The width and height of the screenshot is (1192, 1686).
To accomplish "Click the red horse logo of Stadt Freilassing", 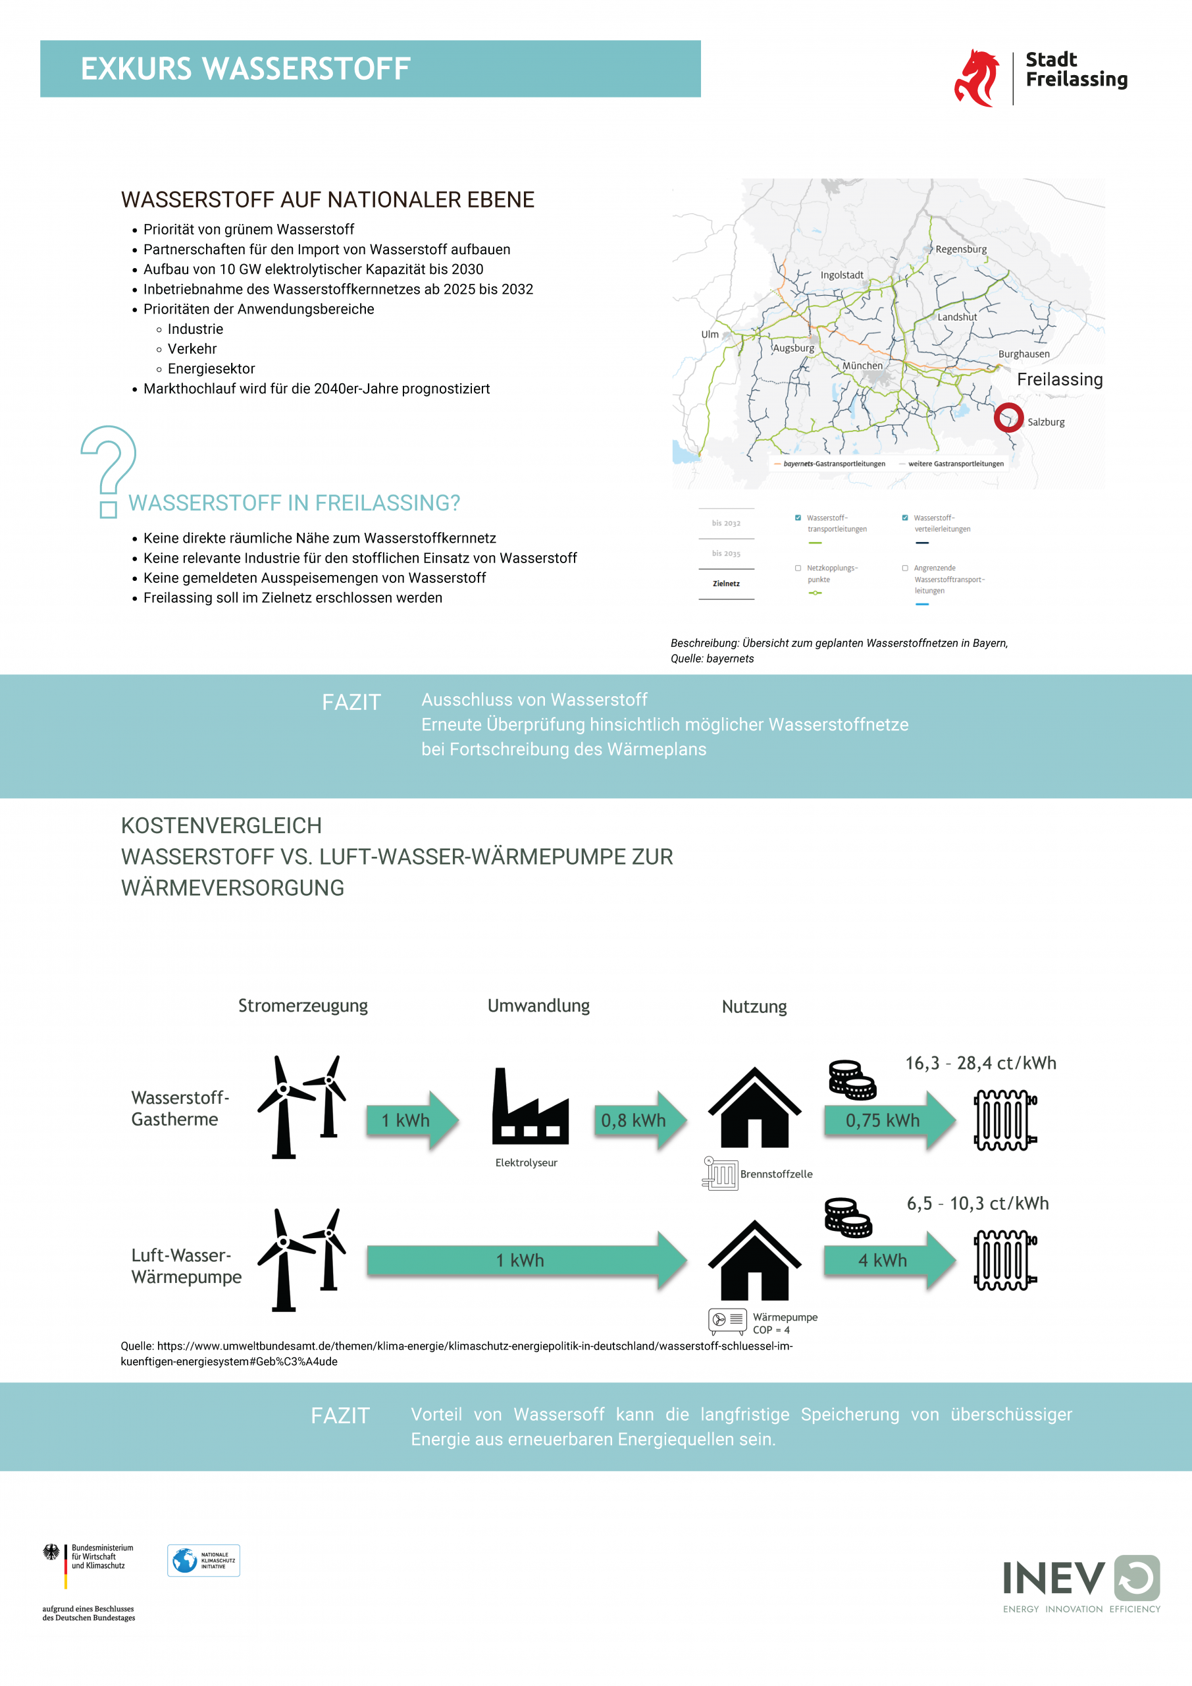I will click(x=977, y=78).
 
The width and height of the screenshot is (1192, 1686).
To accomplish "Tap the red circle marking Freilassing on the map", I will click(x=1008, y=417).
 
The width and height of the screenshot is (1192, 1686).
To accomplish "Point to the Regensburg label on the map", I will click(x=961, y=250).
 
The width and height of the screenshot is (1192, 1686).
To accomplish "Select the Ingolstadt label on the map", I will click(x=842, y=275).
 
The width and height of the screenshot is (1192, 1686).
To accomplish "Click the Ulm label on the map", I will click(x=710, y=335).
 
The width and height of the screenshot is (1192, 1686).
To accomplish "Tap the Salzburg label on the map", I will click(x=1046, y=422).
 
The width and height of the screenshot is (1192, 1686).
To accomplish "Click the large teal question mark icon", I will click(x=109, y=471).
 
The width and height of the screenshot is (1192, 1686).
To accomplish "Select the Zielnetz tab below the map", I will click(x=726, y=584).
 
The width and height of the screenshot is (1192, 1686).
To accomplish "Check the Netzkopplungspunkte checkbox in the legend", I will click(x=798, y=568).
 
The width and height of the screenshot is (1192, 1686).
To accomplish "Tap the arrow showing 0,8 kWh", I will click(x=639, y=1120).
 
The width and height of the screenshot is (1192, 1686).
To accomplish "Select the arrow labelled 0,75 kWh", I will click(x=888, y=1120).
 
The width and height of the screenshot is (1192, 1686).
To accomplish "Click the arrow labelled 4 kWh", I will click(x=888, y=1260).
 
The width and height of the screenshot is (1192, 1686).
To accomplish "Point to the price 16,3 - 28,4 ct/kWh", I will click(x=981, y=1063).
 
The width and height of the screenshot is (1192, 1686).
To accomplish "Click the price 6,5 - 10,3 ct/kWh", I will click(x=977, y=1203).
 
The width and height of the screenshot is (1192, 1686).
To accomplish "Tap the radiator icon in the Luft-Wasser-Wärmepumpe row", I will click(x=1005, y=1260).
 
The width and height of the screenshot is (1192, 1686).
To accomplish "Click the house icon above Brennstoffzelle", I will click(x=754, y=1108).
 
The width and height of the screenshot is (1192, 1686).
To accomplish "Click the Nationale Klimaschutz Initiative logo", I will click(x=204, y=1560).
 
